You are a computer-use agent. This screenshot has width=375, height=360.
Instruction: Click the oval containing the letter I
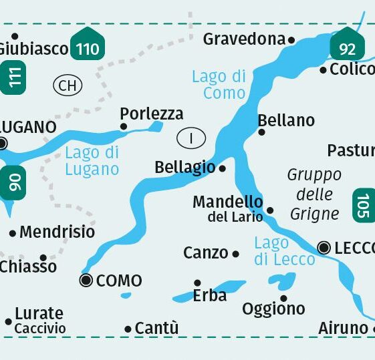tap(191, 138)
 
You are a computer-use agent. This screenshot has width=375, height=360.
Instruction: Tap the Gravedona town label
tap(244, 39)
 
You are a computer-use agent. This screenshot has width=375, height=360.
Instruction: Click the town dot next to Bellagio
tap(223, 168)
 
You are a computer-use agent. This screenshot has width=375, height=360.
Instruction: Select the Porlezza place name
tap(151, 114)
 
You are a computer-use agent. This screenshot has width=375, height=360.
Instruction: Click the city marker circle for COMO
tap(86, 281)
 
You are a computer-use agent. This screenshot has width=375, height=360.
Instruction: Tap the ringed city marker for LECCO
tap(324, 248)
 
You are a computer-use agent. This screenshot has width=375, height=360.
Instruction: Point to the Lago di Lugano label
tap(92, 161)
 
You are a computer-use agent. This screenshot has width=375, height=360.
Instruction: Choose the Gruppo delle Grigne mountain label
tap(314, 194)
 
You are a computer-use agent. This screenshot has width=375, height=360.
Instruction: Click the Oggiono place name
tap(273, 309)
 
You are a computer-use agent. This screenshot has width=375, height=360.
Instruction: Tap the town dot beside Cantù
tap(128, 329)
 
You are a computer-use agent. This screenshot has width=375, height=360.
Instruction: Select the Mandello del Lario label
tap(227, 208)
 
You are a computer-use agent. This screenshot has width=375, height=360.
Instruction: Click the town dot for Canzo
tap(235, 254)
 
